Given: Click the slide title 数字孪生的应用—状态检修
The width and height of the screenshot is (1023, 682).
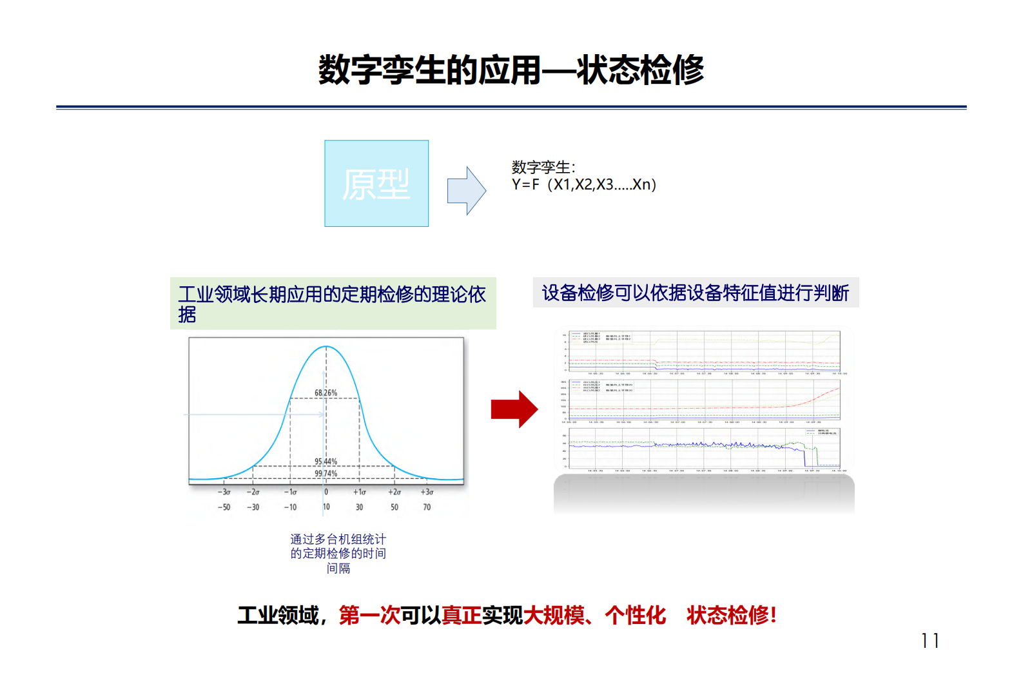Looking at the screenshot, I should (511, 70).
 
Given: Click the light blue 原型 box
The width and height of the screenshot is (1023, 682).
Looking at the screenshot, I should (376, 184).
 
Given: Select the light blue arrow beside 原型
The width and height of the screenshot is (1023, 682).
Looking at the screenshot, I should (466, 191).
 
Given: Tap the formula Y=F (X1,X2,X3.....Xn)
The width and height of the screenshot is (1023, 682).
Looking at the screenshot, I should (583, 185).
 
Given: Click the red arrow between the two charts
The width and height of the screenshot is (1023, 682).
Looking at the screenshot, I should (514, 409).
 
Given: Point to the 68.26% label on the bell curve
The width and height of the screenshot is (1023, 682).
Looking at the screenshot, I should (326, 393).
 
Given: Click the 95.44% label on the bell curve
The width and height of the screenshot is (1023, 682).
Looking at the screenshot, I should (326, 462).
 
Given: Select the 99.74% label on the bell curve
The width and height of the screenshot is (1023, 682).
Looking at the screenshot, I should (326, 474).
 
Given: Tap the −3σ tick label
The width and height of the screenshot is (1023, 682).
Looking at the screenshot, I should (224, 492).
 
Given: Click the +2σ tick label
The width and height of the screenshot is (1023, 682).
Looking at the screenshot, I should (395, 492).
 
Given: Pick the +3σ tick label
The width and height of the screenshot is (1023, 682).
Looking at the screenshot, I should (427, 492).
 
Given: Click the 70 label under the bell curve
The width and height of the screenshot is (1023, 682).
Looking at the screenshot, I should (427, 507).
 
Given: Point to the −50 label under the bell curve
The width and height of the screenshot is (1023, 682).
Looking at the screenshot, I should (224, 507).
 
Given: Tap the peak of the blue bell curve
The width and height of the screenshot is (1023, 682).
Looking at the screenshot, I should (326, 347).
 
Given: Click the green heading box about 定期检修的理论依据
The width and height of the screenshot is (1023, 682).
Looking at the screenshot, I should (333, 304).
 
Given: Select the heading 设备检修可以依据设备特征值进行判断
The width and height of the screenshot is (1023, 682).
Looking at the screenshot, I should (696, 293).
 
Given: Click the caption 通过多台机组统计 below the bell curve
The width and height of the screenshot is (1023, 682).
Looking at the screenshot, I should (338, 539).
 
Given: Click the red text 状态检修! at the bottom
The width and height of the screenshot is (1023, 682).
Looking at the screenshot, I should (731, 616).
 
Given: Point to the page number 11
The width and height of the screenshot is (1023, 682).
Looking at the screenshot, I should (930, 641).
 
